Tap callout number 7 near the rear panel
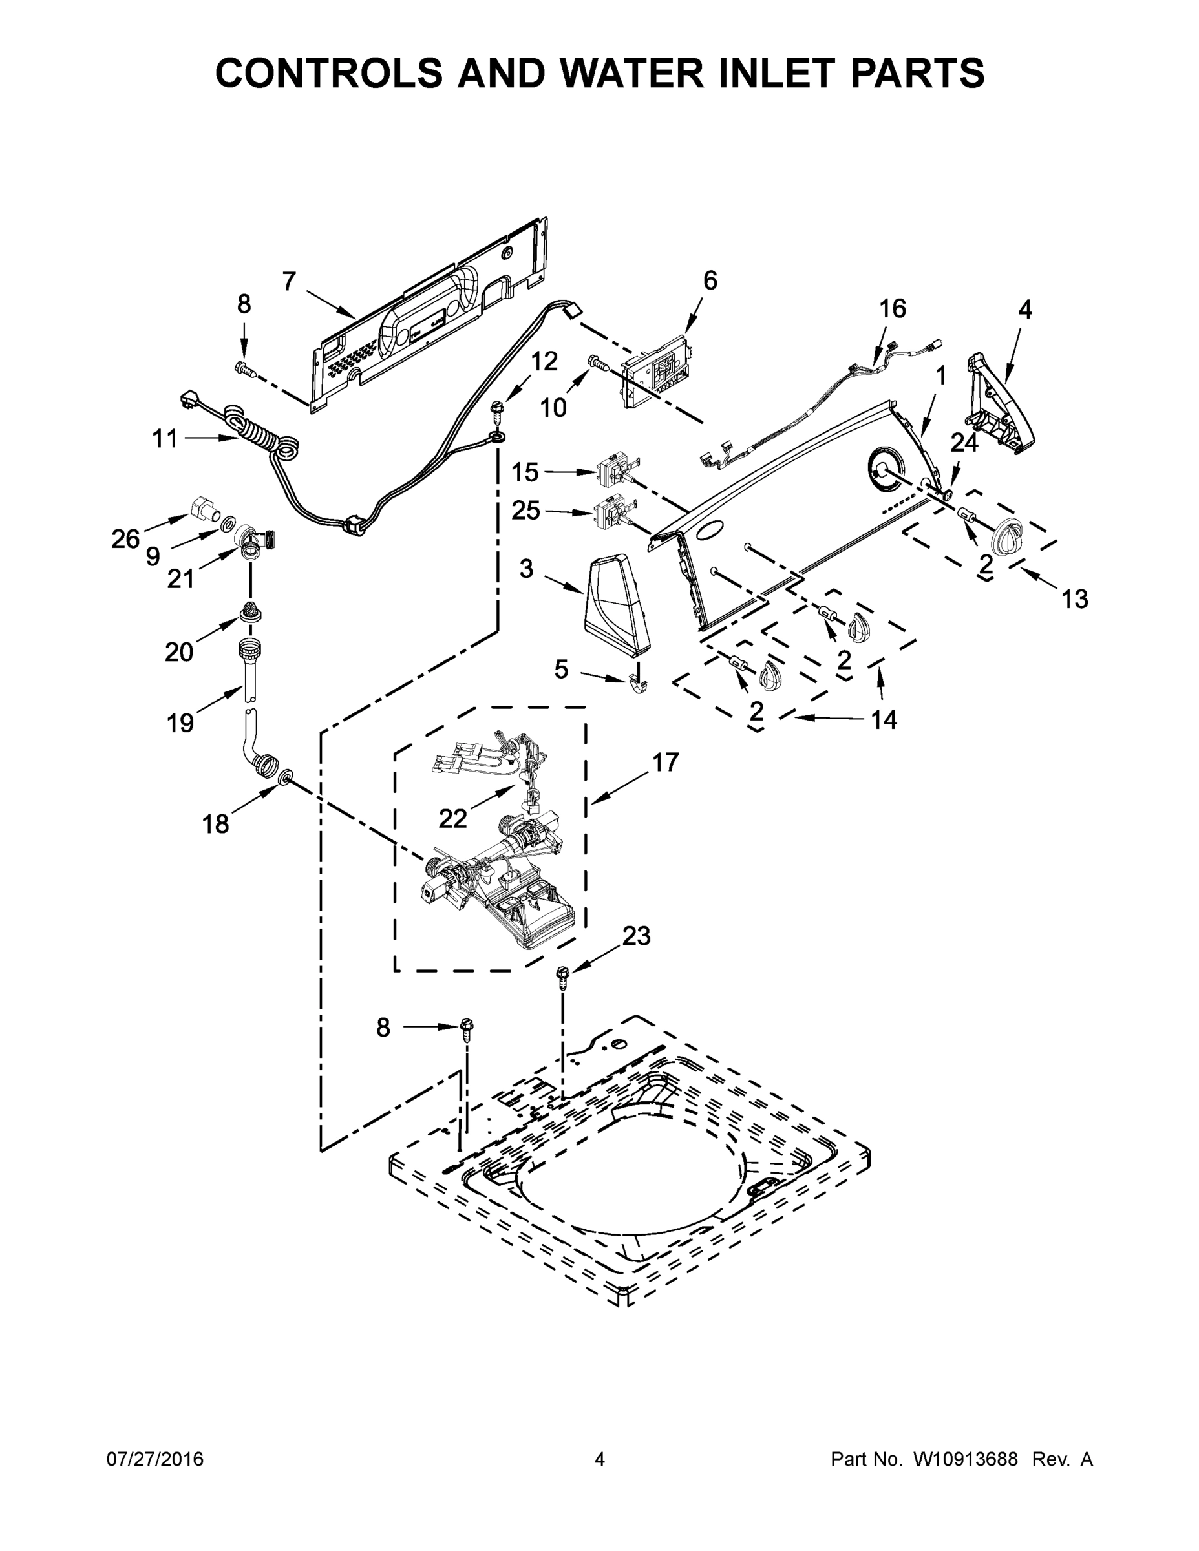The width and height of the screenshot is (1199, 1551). [288, 282]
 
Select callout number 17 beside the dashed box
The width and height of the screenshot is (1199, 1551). [665, 762]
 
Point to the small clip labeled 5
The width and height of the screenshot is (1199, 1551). [639, 683]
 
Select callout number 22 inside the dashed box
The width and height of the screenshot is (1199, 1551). [452, 819]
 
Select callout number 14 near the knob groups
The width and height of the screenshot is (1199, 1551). [884, 720]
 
